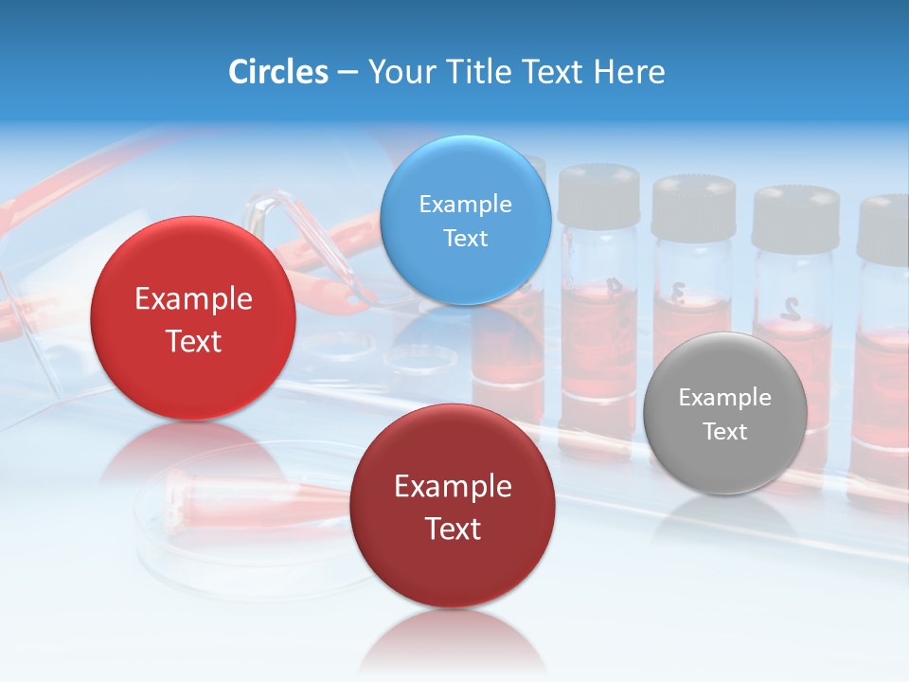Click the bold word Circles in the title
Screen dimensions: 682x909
click(277, 72)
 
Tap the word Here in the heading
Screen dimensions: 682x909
click(630, 72)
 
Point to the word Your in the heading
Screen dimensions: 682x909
click(399, 72)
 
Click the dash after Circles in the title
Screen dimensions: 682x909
click(348, 73)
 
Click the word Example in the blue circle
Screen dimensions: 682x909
click(465, 204)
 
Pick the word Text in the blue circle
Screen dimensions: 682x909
click(465, 238)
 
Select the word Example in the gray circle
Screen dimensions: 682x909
click(724, 397)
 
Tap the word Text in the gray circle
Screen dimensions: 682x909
click(724, 431)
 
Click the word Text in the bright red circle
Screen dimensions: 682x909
click(193, 341)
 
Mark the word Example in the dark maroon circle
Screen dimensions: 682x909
click(453, 486)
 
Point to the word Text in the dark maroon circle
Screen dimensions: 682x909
click(453, 529)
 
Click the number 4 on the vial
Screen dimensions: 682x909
click(614, 286)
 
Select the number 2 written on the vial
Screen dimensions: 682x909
click(790, 307)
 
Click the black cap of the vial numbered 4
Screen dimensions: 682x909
click(598, 194)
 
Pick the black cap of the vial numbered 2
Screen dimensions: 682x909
click(795, 217)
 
